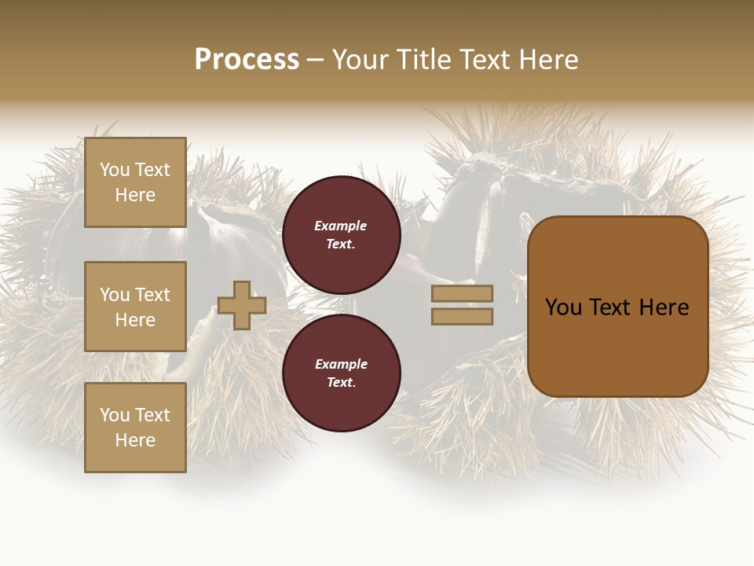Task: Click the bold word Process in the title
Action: point(247,60)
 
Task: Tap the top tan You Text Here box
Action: point(135,182)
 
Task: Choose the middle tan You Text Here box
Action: point(135,307)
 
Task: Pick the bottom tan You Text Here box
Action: point(135,428)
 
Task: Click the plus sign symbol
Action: point(242,305)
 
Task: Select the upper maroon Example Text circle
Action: point(341,235)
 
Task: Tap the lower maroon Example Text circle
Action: point(341,373)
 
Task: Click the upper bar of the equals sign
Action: point(462,293)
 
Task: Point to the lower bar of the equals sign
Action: point(462,317)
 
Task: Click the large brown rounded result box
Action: point(617,307)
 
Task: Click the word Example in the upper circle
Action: point(341,226)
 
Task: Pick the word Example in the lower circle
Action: point(341,364)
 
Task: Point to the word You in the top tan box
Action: point(115,170)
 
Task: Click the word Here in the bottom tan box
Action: point(135,440)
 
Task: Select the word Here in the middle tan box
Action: point(135,320)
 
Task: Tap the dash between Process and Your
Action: point(315,60)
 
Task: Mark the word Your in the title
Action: point(357,60)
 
